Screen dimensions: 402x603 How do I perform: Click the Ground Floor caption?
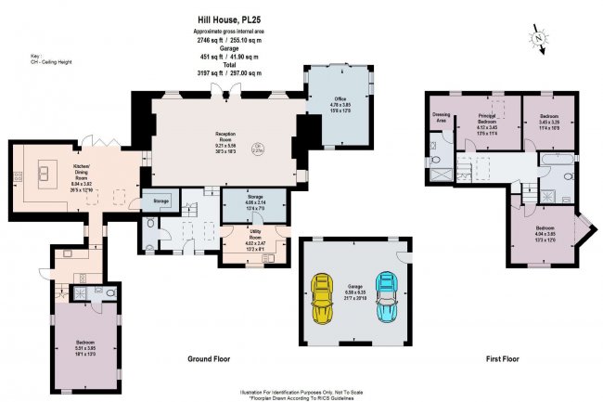210,358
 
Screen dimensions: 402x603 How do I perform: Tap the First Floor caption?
501,358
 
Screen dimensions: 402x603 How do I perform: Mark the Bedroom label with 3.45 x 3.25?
549,122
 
